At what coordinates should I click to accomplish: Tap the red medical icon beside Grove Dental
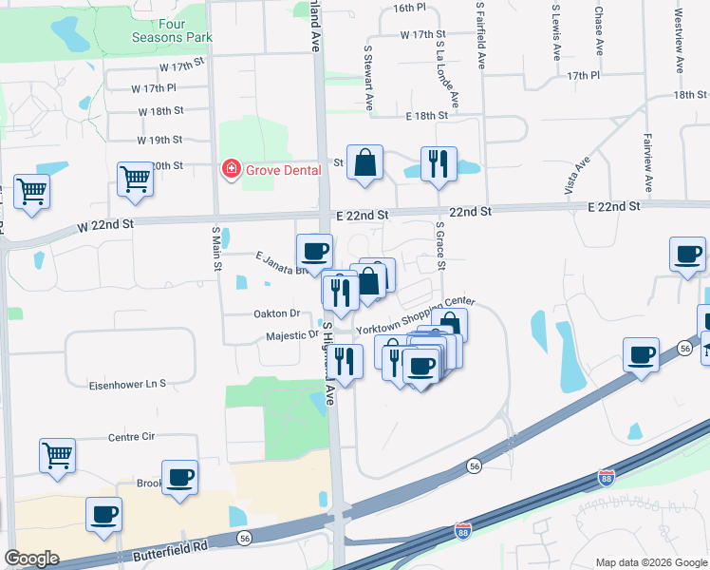click(230, 170)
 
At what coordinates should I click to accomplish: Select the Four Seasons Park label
click(171, 29)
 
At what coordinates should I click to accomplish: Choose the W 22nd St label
click(106, 224)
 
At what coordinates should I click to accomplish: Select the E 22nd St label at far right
click(616, 205)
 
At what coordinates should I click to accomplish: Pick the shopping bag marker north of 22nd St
click(364, 163)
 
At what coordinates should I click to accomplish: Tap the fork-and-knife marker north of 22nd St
click(439, 163)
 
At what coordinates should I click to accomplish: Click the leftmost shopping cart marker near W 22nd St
click(31, 191)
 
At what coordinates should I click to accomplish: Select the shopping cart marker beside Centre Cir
click(57, 455)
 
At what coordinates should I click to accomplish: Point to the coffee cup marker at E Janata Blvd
click(314, 252)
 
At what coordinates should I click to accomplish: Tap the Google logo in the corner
click(31, 559)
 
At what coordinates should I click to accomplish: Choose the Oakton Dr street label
click(276, 313)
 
